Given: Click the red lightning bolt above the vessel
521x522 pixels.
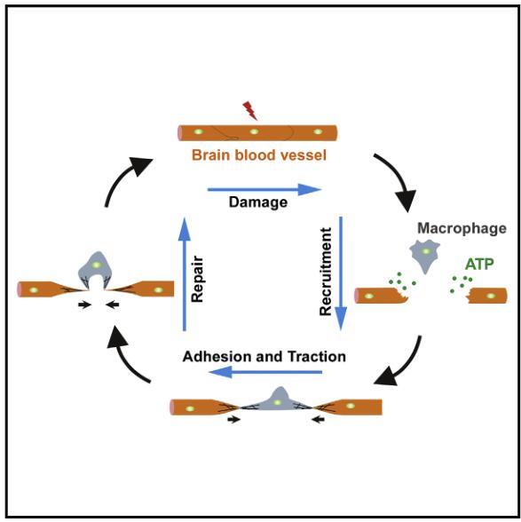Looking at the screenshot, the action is [x=250, y=110].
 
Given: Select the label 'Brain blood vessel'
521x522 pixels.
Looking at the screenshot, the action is [x=259, y=155].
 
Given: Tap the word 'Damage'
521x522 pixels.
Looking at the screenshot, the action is [x=258, y=202].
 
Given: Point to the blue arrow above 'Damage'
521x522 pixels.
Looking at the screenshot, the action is [x=264, y=189].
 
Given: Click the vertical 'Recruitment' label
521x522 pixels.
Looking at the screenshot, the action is [x=326, y=272].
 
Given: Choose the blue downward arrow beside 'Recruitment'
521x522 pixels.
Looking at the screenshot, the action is [x=341, y=273].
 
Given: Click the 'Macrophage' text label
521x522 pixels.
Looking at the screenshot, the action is [x=462, y=229].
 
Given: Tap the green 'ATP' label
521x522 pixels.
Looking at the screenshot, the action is [x=479, y=265].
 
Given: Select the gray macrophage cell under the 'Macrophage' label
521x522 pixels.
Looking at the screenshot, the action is [x=425, y=255].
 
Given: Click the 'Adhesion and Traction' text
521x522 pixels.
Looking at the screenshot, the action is [x=264, y=357].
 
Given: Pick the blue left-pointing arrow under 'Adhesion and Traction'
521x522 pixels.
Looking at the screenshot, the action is [x=265, y=372].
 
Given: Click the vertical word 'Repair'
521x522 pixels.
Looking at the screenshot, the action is [x=197, y=279].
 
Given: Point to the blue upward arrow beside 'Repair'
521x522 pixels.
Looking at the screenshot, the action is [x=184, y=274].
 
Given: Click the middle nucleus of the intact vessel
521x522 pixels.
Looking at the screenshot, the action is [x=254, y=131].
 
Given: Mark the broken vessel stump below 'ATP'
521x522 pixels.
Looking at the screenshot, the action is [x=487, y=296].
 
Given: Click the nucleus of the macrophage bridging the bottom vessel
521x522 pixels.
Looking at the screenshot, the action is [x=277, y=403].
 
